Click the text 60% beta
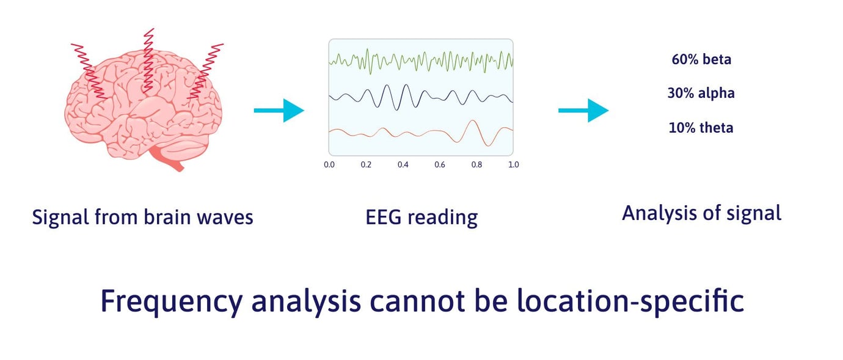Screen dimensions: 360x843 point(701,59)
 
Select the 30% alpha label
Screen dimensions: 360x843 point(701,94)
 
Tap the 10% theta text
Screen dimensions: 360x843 point(701,128)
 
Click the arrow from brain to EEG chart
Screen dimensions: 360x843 point(279,111)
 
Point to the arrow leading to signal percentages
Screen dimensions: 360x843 point(583,111)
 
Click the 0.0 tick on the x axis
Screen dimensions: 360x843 point(329,164)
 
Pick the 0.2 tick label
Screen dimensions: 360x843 point(366,164)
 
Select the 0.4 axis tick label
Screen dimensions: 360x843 point(403,164)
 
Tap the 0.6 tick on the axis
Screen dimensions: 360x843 point(440,164)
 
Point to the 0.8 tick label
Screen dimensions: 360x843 point(476,164)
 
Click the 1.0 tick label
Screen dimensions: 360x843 point(513,164)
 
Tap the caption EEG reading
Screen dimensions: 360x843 point(421,217)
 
